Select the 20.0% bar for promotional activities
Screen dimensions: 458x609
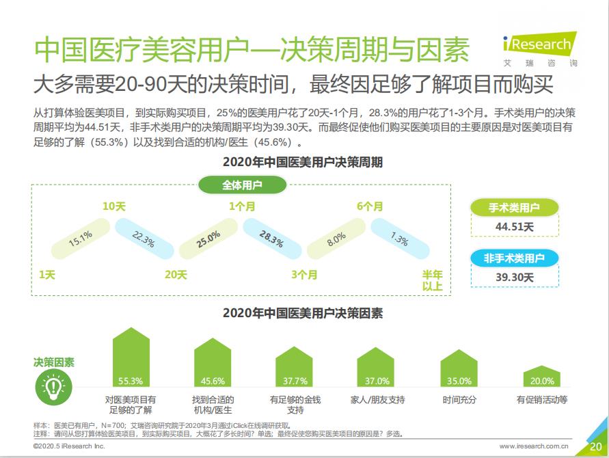pos(543,378)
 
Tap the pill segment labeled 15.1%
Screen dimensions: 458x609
pos(81,239)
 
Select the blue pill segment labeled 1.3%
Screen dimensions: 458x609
pos(399,239)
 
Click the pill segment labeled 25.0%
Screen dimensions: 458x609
pos(208,239)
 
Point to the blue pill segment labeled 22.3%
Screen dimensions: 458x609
pos(143,239)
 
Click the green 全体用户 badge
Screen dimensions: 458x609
pos(241,185)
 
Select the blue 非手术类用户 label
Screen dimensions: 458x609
pos(514,258)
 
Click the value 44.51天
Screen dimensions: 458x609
pos(514,227)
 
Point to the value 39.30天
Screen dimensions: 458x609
pos(514,277)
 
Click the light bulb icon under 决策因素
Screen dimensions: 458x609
pos(53,388)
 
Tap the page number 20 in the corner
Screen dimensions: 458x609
pos(595,447)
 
